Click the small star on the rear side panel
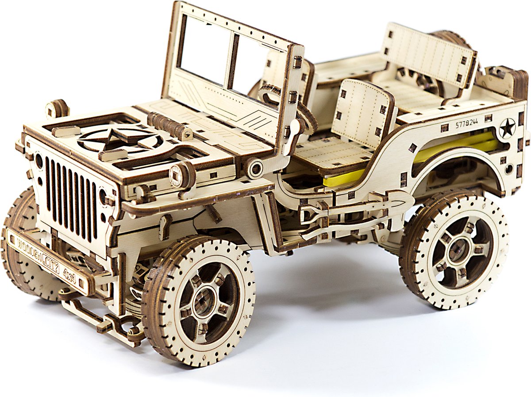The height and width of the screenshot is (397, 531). pos(507,127)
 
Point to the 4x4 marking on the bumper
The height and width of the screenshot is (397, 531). pos(69,276)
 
